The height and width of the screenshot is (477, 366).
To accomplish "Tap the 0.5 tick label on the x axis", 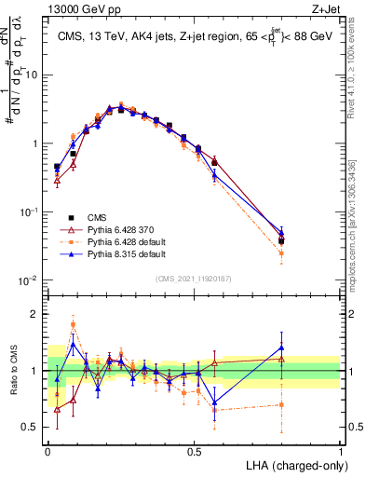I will tap(194, 450).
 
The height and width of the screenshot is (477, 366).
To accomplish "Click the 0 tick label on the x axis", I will tap(47, 450).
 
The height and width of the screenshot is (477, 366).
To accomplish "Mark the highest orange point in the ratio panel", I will tap(74, 325).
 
